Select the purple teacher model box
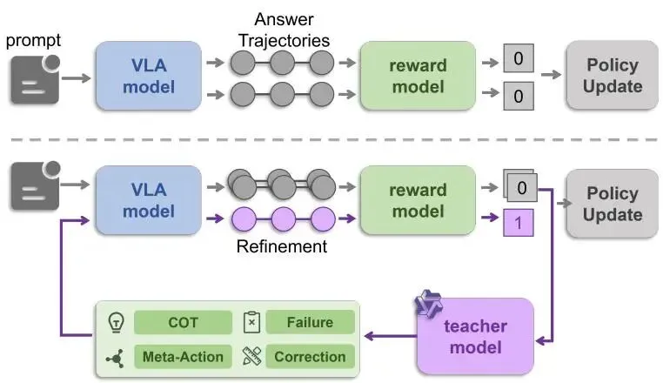pyautogui.click(x=473, y=337)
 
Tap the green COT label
pyautogui.click(x=183, y=322)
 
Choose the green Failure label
pyautogui.click(x=310, y=322)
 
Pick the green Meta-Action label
pyautogui.click(x=183, y=356)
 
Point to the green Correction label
pyautogui.click(x=310, y=356)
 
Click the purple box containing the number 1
pyautogui.click(x=518, y=223)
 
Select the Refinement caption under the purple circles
pyautogui.click(x=281, y=246)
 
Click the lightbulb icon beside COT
pyautogui.click(x=114, y=323)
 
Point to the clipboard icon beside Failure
pyautogui.click(x=251, y=323)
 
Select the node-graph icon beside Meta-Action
pyautogui.click(x=114, y=356)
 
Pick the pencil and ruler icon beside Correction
pyautogui.click(x=252, y=356)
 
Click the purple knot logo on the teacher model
pyautogui.click(x=428, y=305)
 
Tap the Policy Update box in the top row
pyautogui.click(x=613, y=76)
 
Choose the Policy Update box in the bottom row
pyautogui.click(x=613, y=204)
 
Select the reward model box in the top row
pyautogui.click(x=418, y=75)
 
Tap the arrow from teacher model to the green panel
pyautogui.click(x=386, y=335)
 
